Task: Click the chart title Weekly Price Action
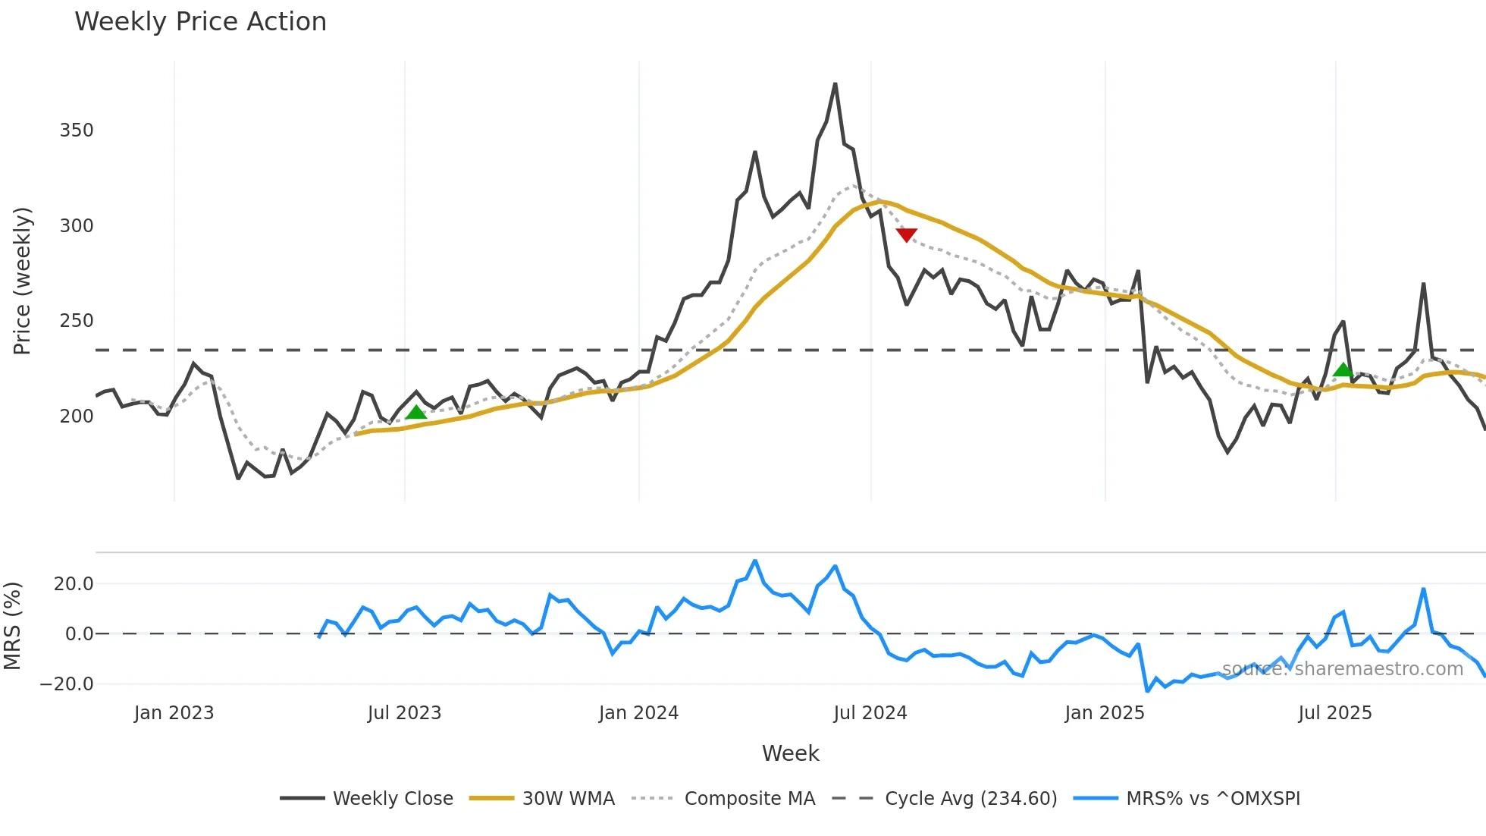pyautogui.click(x=200, y=22)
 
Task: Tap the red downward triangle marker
pyautogui.click(x=906, y=234)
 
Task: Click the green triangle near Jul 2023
pyautogui.click(x=416, y=412)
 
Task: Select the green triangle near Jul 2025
pyautogui.click(x=1343, y=369)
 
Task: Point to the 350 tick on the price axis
pyautogui.click(x=77, y=130)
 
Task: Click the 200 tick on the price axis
pyautogui.click(x=77, y=416)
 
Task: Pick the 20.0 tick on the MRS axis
pyautogui.click(x=74, y=584)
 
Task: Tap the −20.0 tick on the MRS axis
pyautogui.click(x=67, y=684)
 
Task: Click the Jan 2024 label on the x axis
pyautogui.click(x=638, y=713)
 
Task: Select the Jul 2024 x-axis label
pyautogui.click(x=870, y=713)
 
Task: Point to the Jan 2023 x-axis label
pyautogui.click(x=174, y=713)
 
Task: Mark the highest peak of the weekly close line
pyautogui.click(x=835, y=84)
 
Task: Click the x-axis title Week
pyautogui.click(x=790, y=753)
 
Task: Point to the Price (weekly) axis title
pyautogui.click(x=22, y=281)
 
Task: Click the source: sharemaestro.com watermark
pyautogui.click(x=1342, y=669)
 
